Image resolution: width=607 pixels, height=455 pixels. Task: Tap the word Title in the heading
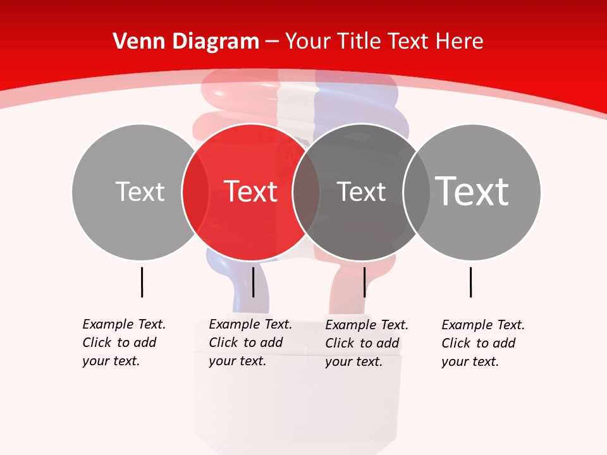(x=360, y=42)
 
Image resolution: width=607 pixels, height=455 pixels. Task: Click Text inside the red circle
(x=250, y=191)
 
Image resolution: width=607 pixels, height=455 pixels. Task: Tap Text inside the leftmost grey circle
(x=140, y=191)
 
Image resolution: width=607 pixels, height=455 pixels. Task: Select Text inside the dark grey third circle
(x=361, y=191)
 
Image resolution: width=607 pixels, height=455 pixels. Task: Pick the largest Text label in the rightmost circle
(x=472, y=191)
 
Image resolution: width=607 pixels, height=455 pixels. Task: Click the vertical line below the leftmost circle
(x=142, y=282)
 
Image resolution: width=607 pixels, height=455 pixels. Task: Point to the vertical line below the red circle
(x=253, y=282)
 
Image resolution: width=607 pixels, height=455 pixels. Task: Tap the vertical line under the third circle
(x=365, y=282)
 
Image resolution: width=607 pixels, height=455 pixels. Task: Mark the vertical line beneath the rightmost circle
(x=471, y=282)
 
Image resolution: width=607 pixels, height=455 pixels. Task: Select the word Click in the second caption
(x=223, y=343)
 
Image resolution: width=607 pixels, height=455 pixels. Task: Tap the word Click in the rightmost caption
(x=455, y=343)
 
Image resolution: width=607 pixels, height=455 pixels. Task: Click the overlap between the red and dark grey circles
(x=306, y=192)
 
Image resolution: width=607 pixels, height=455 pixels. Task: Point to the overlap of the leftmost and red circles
(x=195, y=192)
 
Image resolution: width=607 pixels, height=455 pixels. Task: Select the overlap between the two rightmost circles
(x=417, y=192)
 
